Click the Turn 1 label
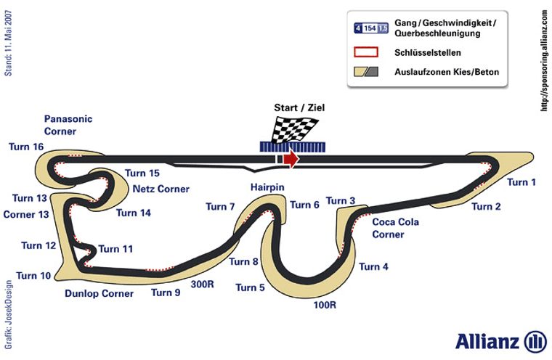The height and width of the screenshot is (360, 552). [521, 182]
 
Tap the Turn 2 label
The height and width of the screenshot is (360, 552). [486, 207]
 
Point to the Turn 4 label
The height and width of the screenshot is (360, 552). [373, 267]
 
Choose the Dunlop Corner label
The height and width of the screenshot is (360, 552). [99, 294]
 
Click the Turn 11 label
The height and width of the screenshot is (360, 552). [115, 249]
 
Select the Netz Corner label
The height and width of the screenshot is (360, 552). [161, 189]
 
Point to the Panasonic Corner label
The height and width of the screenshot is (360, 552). [68, 125]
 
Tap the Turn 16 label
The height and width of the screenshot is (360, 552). [26, 147]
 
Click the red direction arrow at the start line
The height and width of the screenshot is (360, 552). [291, 159]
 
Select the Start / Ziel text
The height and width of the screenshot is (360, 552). [299, 108]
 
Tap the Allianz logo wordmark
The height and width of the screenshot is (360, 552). [487, 341]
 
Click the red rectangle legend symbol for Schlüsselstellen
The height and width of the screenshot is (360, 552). [366, 52]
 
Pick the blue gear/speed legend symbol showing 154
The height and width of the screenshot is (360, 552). [370, 28]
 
